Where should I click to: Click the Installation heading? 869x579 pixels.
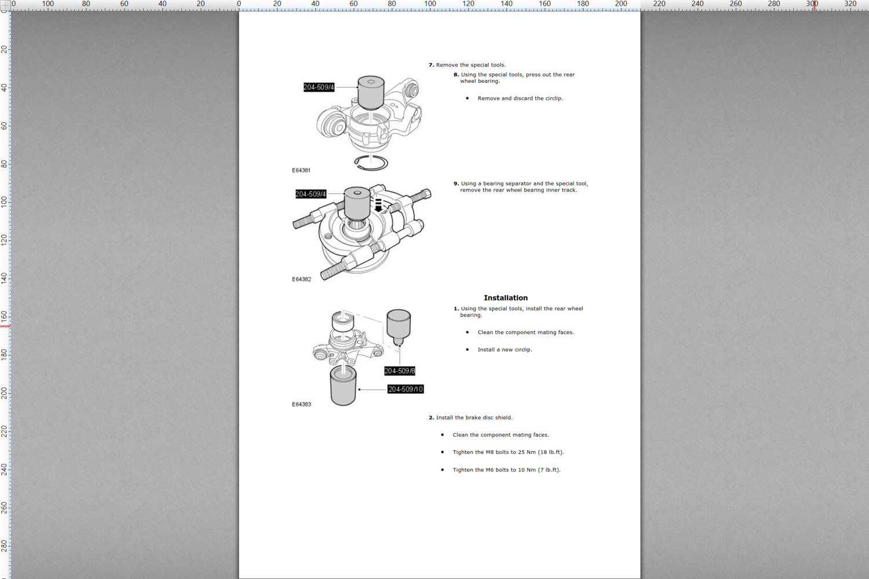tap(506, 298)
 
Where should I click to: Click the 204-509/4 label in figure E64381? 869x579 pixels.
tap(319, 87)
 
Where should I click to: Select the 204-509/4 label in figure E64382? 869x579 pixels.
tap(311, 194)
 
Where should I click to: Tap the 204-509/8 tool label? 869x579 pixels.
tap(400, 371)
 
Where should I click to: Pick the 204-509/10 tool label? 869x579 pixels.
tap(406, 389)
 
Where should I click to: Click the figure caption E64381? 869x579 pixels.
tap(301, 170)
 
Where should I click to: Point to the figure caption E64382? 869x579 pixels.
tap(301, 279)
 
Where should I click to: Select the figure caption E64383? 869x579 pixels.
tap(301, 404)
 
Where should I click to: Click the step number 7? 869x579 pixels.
tap(431, 65)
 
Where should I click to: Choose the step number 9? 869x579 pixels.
tap(457, 184)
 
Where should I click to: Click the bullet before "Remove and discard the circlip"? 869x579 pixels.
tap(467, 98)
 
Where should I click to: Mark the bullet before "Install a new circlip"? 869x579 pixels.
tap(467, 350)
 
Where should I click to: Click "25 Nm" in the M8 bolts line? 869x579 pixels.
tap(527, 452)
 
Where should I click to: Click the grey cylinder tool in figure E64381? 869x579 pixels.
tap(371, 92)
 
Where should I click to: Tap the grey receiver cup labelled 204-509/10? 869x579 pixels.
tap(344, 386)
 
